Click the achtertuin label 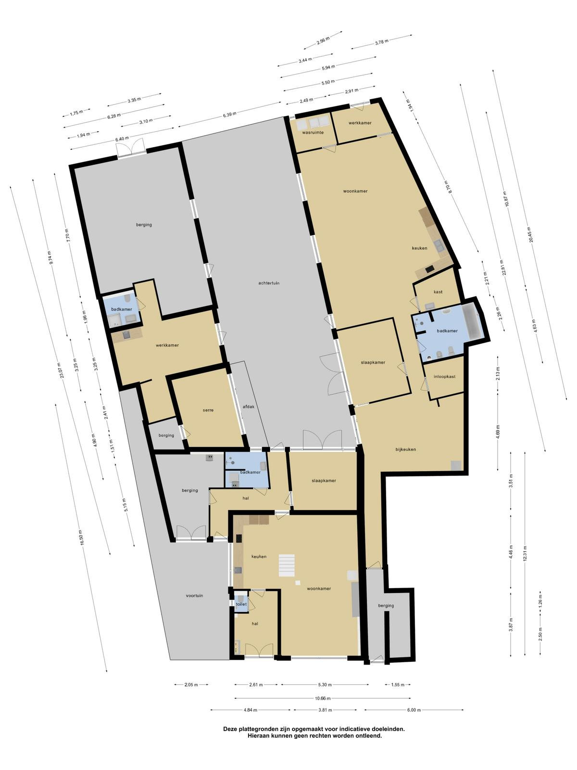(269, 283)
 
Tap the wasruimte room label (313, 133)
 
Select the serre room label (208, 410)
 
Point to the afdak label (249, 407)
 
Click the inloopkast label (445, 376)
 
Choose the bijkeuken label (406, 449)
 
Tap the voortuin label (194, 596)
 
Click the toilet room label (241, 604)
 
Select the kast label (438, 292)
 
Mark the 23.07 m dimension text (61, 371)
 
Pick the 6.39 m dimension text (229, 115)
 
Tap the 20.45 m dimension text (532, 235)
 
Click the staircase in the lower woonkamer (287, 565)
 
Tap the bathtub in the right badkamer (471, 323)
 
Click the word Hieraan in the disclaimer (259, 736)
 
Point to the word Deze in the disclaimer (230, 729)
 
